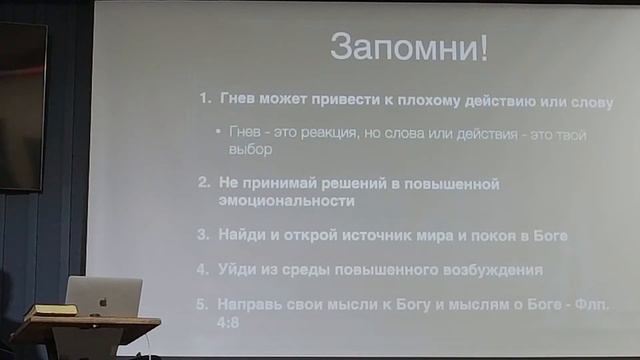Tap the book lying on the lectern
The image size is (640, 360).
click(x=50, y=311)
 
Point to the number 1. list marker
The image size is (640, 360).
click(x=204, y=100)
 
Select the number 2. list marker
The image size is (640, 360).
click(x=203, y=185)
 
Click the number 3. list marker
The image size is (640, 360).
click(x=203, y=235)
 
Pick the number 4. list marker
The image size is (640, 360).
click(x=203, y=270)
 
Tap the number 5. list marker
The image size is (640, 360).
click(x=203, y=305)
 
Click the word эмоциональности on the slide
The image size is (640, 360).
click(x=287, y=201)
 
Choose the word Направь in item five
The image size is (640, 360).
click(x=253, y=305)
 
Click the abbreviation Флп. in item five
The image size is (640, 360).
click(x=591, y=305)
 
